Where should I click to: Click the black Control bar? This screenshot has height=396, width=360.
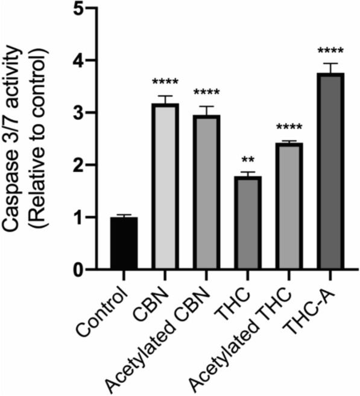tap(124, 244)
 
